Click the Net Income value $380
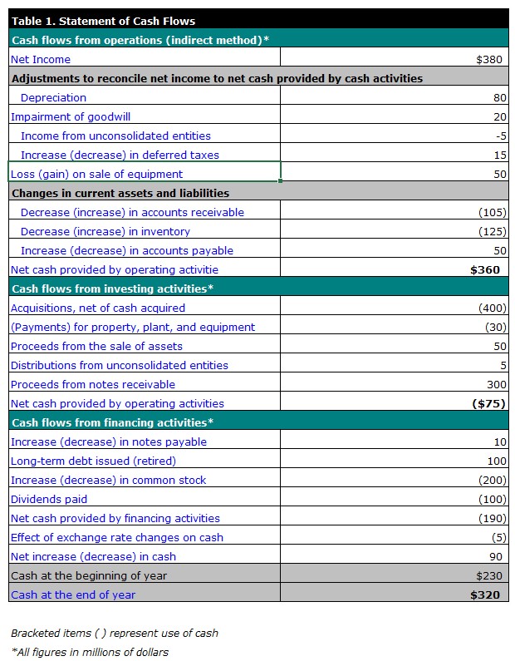pyautogui.click(x=489, y=59)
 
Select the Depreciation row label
pyautogui.click(x=53, y=98)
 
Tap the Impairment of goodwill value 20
pyautogui.click(x=500, y=116)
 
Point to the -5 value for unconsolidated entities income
pyautogui.click(x=501, y=136)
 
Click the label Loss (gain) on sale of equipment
pyautogui.click(x=97, y=174)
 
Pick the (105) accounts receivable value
pyautogui.click(x=493, y=213)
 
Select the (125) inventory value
pyautogui.click(x=493, y=231)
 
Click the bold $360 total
pyautogui.click(x=485, y=269)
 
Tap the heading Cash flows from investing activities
pyautogui.click(x=112, y=289)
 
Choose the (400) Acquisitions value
pyautogui.click(x=493, y=308)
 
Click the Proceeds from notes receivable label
pyautogui.click(x=93, y=384)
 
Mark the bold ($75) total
pyautogui.click(x=488, y=404)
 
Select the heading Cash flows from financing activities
pyautogui.click(x=112, y=423)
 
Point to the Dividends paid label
pyautogui.click(x=49, y=499)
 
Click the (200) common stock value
pyautogui.click(x=493, y=480)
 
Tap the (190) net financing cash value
pyautogui.click(x=493, y=519)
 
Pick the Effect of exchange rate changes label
pyautogui.click(x=117, y=537)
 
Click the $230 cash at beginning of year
pyautogui.click(x=489, y=576)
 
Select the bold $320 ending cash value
pyautogui.click(x=485, y=594)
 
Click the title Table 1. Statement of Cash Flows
pyautogui.click(x=104, y=21)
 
